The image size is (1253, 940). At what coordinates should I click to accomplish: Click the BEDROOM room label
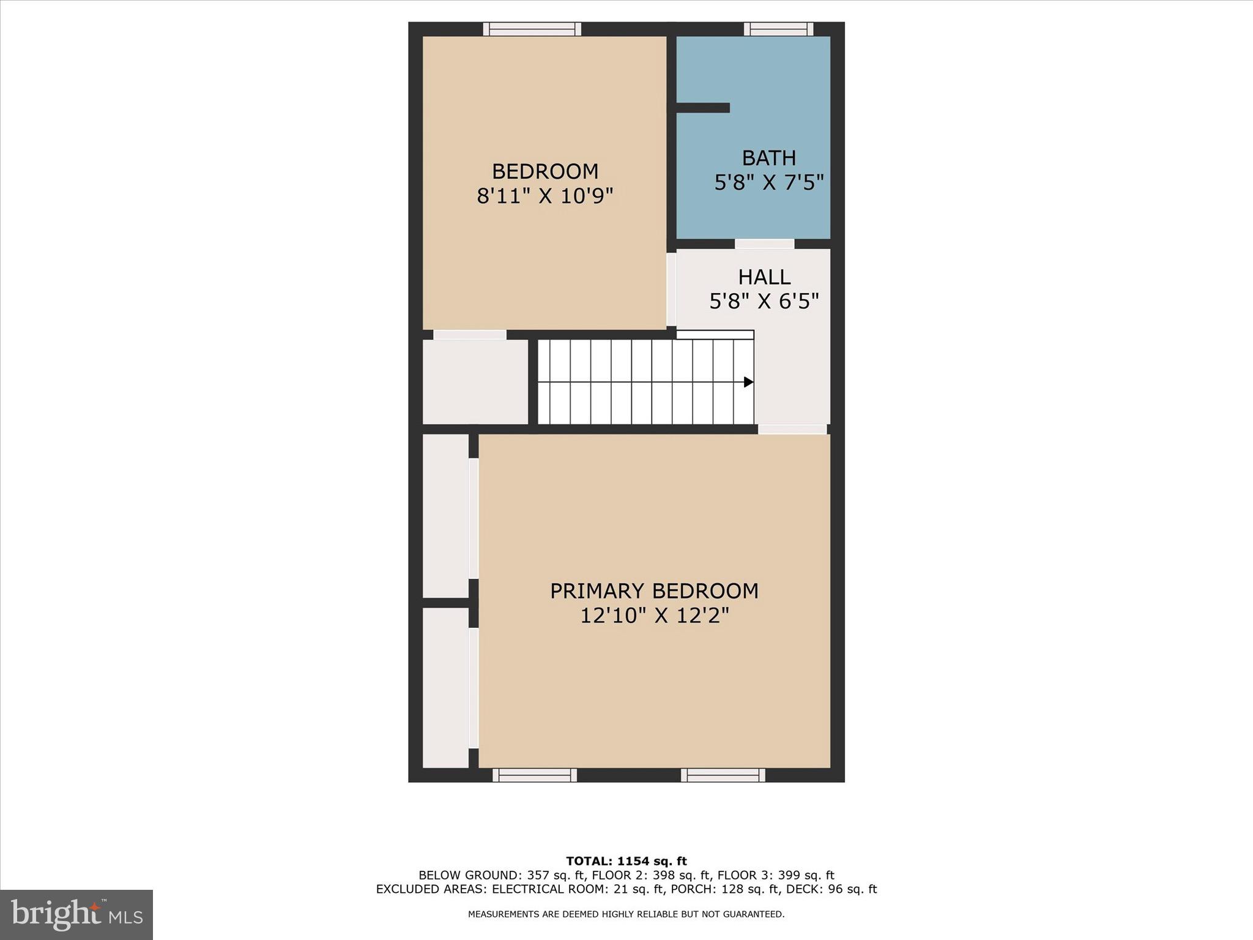click(545, 171)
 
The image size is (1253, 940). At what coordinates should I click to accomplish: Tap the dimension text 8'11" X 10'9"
click(545, 196)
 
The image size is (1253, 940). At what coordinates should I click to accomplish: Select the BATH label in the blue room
click(768, 158)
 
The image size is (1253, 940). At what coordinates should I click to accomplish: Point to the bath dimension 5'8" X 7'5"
click(768, 182)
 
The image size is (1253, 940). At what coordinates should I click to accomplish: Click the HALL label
click(764, 277)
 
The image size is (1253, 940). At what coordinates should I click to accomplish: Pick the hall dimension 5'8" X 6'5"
click(764, 301)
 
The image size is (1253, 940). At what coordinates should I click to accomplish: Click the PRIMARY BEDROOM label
click(654, 591)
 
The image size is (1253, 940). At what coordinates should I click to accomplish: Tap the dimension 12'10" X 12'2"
click(654, 616)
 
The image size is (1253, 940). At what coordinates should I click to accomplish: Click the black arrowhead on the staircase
click(748, 382)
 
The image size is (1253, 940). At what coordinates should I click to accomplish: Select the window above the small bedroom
click(532, 29)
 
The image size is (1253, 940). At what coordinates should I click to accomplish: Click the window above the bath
click(778, 29)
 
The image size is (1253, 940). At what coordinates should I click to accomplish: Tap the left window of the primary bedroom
click(535, 775)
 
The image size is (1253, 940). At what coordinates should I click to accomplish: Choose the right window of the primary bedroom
click(723, 775)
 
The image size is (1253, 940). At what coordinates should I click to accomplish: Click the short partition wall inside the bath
click(703, 108)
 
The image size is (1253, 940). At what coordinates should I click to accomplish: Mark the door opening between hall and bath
click(764, 244)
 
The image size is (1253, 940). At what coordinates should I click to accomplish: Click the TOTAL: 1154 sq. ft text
click(626, 862)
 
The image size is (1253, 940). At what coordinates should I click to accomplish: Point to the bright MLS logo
click(76, 914)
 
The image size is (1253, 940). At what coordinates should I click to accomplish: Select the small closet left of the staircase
click(475, 382)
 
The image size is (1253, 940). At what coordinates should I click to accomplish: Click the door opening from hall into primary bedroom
click(792, 429)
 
